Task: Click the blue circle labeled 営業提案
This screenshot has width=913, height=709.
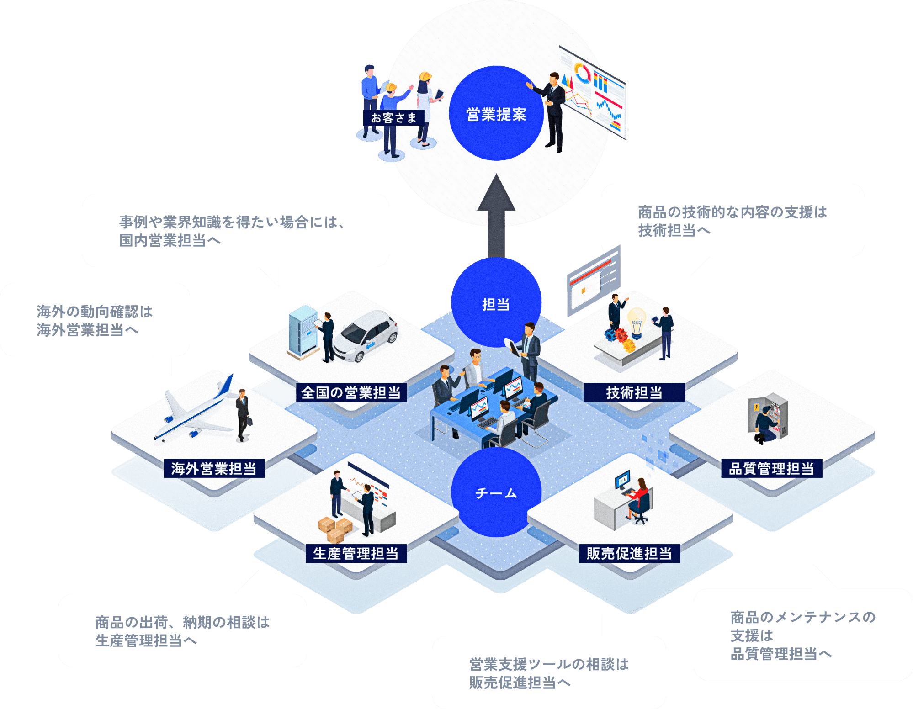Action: [496, 114]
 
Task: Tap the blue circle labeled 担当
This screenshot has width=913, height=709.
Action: [496, 303]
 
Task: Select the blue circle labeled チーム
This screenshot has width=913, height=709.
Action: [496, 492]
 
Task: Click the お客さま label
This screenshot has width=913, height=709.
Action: [393, 118]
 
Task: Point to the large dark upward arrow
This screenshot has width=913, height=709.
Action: [496, 215]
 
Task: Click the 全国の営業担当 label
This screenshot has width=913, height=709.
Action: [351, 392]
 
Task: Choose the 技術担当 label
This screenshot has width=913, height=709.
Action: [634, 392]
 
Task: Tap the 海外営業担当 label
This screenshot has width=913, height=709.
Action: [214, 468]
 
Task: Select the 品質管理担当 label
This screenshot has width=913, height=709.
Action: [771, 468]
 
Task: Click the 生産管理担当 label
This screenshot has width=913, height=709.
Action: [356, 553]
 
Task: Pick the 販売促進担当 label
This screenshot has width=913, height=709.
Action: [630, 553]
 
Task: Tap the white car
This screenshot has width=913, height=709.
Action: [366, 336]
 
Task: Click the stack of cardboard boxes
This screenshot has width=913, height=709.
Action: [335, 529]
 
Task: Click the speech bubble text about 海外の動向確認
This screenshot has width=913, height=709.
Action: [95, 320]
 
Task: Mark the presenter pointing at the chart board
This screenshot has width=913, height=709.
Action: [553, 110]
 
